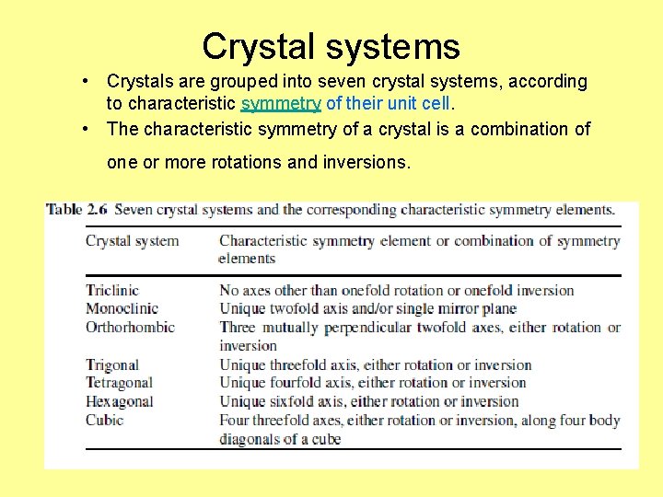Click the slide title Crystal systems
331,45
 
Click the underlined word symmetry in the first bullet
281,105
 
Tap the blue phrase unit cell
423,105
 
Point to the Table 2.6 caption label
76,210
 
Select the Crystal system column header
132,241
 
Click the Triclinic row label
112,290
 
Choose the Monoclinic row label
122,308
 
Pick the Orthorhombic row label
130,327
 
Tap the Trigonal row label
111,364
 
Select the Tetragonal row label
119,383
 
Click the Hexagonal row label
119,401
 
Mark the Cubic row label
104,420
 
